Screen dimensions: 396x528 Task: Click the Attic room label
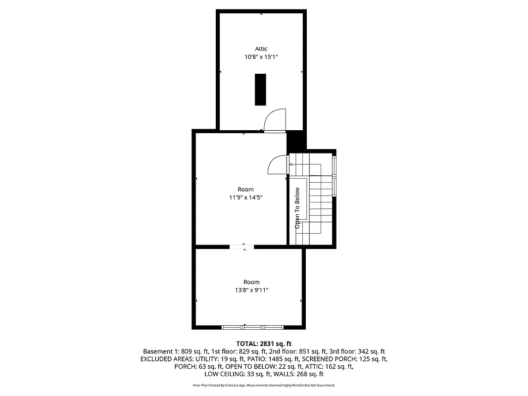point(261,49)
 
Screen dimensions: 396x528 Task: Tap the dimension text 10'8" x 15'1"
point(261,57)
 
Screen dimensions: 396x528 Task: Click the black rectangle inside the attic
point(260,90)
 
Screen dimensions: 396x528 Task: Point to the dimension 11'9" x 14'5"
point(245,197)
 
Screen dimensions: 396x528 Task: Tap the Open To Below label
point(297,208)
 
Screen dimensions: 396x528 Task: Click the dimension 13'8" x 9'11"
point(251,290)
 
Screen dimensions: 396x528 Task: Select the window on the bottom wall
point(252,327)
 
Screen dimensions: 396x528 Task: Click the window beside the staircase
point(335,175)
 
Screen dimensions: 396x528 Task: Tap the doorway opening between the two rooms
point(242,246)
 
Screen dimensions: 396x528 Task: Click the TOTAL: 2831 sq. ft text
point(264,343)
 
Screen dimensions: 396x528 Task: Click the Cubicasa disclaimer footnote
point(264,385)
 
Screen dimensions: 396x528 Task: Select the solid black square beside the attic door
point(296,141)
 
